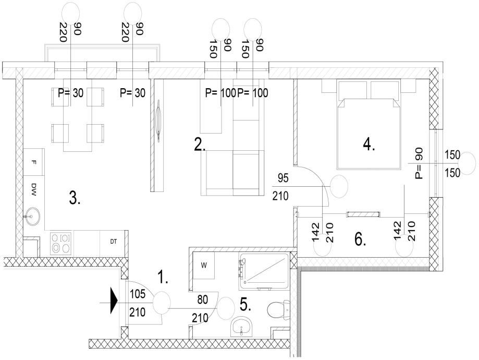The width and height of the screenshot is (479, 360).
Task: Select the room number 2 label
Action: [200, 145]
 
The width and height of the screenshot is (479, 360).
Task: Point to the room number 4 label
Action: [369, 145]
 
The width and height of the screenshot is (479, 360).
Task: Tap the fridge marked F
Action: [34, 162]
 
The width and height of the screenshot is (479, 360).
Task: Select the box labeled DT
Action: [113, 242]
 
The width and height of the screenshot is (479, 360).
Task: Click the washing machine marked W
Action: [204, 266]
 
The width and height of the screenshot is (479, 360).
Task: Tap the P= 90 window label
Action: [419, 163]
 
